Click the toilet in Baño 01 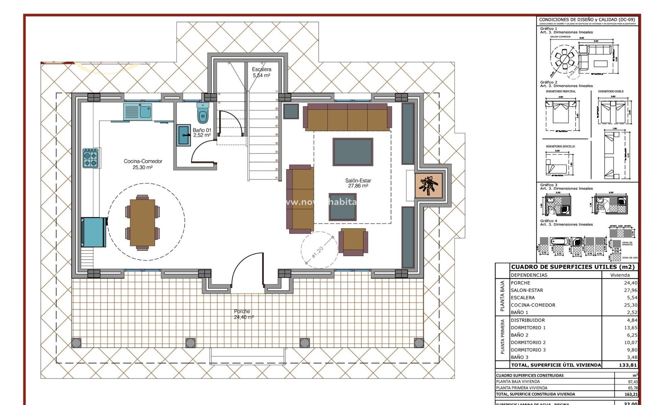click(203, 114)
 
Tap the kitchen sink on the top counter click(138, 112)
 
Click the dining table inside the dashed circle click(142, 222)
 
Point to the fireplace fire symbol click(428, 186)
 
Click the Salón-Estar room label click(358, 183)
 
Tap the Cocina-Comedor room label click(143, 164)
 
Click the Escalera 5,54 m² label click(261, 72)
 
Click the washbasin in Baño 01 click(184, 135)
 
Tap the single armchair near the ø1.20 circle click(353, 242)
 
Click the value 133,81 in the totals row click(628, 365)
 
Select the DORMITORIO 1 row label click(528, 328)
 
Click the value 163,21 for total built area click(631, 394)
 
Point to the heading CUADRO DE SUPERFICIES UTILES click(573, 267)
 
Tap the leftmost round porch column click(76, 343)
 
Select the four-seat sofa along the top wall click(347, 117)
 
